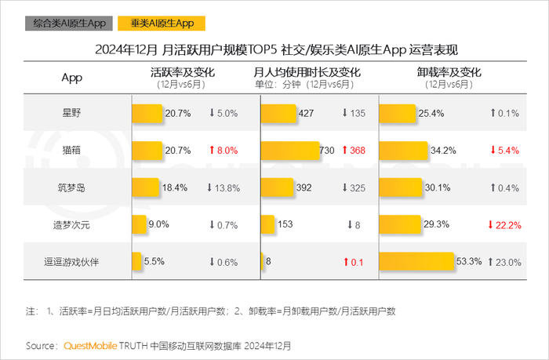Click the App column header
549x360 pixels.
tap(71, 78)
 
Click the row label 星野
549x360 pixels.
tap(71, 113)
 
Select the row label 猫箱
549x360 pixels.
tap(71, 150)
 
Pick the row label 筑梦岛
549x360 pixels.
tap(71, 187)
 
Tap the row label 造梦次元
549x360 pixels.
tap(71, 224)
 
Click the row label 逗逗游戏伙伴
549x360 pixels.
tap(71, 261)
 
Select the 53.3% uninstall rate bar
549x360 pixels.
tap(417, 261)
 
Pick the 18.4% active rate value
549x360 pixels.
tap(176, 187)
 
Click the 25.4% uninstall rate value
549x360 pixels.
tap(432, 113)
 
